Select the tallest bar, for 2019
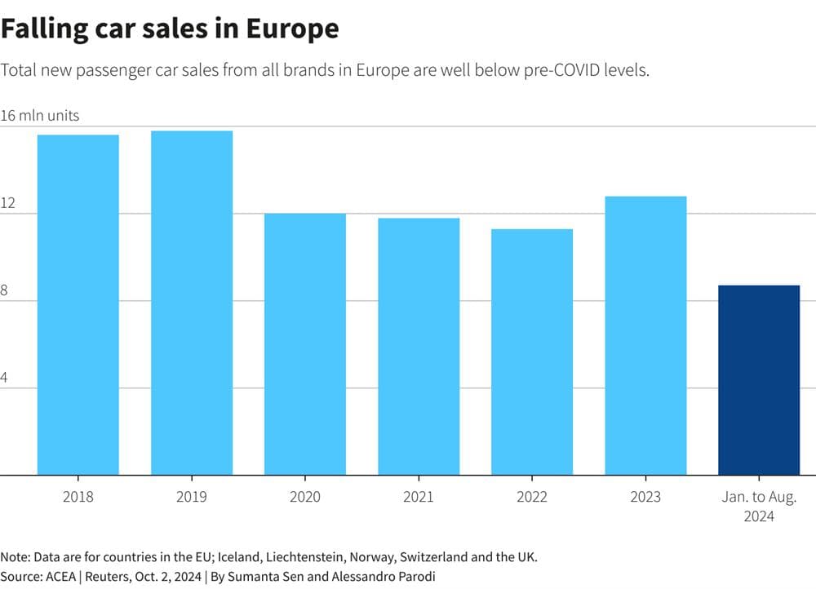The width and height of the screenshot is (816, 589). point(192,303)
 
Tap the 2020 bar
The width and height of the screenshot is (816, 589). point(305,343)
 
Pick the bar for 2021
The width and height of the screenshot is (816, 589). point(419,346)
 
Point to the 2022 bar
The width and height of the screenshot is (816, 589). point(532,352)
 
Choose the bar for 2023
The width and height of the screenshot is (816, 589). point(645,335)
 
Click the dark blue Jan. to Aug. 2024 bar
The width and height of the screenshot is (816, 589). point(759,379)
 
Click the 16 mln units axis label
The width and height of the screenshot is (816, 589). point(40,116)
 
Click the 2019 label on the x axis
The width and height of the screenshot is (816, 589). point(192,497)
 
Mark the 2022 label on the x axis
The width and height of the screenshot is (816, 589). point(532,497)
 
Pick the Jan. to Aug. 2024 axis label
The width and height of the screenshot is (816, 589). point(759,506)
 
